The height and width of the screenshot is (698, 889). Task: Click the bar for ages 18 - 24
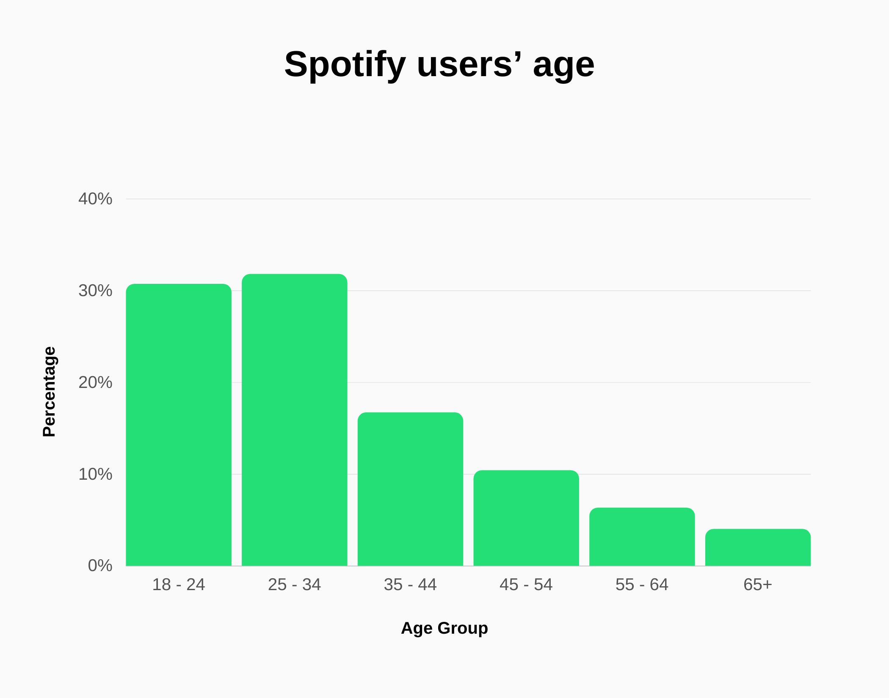(x=179, y=425)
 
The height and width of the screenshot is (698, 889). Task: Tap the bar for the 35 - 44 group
(x=410, y=489)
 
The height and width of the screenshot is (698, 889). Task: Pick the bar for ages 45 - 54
(x=526, y=518)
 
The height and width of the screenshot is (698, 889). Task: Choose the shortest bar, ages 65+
(x=758, y=547)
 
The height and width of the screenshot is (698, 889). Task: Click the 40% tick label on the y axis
(x=95, y=199)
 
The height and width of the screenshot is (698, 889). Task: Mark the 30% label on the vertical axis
(x=95, y=291)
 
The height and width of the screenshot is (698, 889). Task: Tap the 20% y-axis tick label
(x=95, y=382)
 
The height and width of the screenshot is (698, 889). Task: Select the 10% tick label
(x=95, y=474)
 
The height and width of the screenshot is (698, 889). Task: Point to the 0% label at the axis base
(x=100, y=566)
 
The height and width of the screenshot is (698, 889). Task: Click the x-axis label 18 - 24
(x=179, y=585)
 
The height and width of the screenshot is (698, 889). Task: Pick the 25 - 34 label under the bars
(x=295, y=585)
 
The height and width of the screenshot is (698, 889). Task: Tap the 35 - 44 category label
(x=410, y=585)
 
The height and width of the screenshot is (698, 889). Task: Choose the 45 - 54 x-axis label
(x=526, y=585)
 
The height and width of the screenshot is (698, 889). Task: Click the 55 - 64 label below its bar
(x=642, y=585)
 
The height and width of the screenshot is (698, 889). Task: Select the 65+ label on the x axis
(x=758, y=585)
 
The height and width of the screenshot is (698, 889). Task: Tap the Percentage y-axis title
(x=50, y=392)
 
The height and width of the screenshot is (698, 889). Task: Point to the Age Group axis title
(x=444, y=628)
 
